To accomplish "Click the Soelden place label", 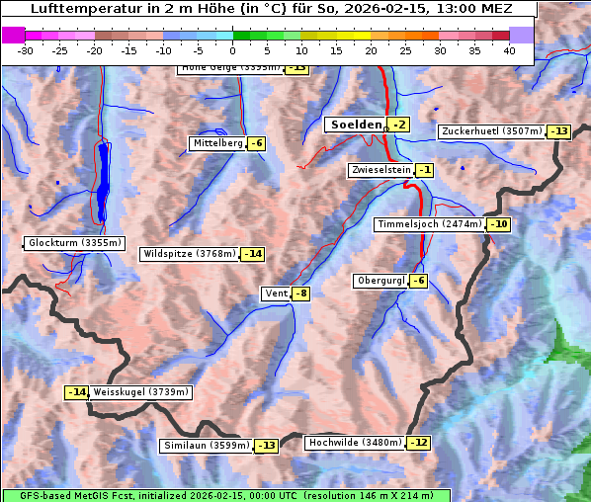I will click(x=356, y=125).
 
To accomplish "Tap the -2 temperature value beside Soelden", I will click(x=398, y=125).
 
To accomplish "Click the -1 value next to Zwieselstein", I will click(x=424, y=170).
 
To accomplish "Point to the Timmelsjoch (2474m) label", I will click(x=430, y=224).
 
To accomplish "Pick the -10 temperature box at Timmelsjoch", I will click(x=499, y=224).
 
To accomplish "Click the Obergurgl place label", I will click(x=380, y=281).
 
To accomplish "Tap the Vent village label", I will click(x=275, y=293).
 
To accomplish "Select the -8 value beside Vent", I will click(x=300, y=293).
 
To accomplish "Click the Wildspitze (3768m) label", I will click(x=190, y=254).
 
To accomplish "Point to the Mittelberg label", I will click(x=217, y=143).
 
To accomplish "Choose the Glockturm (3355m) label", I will click(x=75, y=243).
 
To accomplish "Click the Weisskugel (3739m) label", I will click(x=140, y=392).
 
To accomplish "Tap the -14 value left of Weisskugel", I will click(x=76, y=392).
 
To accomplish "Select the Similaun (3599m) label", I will click(x=206, y=446).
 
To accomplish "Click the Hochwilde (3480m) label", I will click(x=355, y=443).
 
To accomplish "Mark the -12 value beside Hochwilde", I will click(x=419, y=443).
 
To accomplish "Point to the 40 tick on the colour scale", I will click(x=509, y=49).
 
